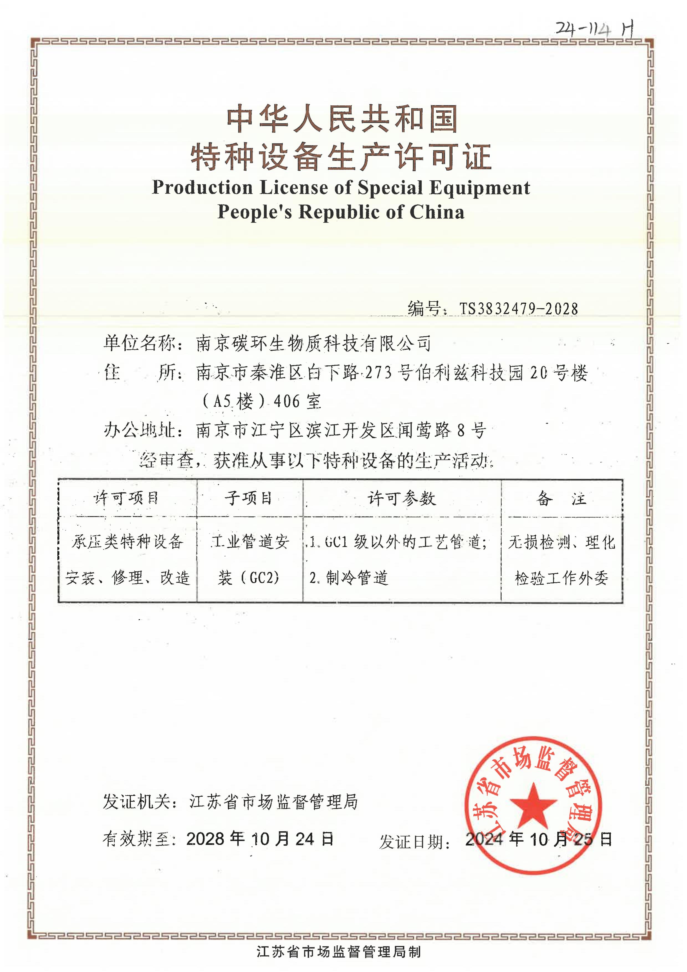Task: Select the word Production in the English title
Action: pos(202,188)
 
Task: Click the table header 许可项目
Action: pos(126,498)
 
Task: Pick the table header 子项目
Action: pos(249,498)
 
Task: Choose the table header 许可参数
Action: pos(402,498)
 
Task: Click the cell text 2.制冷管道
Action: pos(349,578)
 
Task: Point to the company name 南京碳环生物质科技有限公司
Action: pos(313,343)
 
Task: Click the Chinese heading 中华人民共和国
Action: pos(342,119)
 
